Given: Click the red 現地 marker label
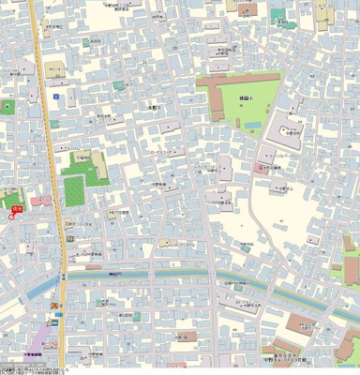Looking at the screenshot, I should click(16, 200).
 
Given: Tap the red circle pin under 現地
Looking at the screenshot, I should click(12, 215).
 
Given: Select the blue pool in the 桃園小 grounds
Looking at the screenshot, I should click(250, 124).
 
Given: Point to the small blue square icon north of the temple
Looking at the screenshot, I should click(56, 97).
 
